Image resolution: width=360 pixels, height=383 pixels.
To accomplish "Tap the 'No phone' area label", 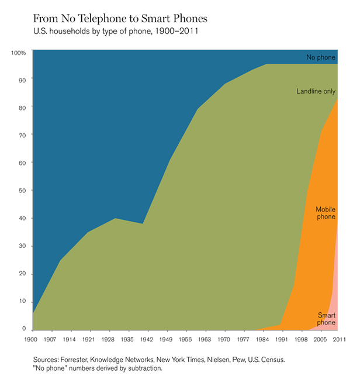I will [x=320, y=57].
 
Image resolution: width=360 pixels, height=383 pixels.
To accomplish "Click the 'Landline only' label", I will [x=316, y=91].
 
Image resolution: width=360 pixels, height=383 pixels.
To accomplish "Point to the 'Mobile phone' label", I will [x=326, y=213].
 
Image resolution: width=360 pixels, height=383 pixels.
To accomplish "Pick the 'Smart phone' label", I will [x=326, y=318].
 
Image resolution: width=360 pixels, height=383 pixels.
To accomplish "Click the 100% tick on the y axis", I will [x=19, y=53].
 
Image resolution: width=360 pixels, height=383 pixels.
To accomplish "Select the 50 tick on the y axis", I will [x=22, y=191].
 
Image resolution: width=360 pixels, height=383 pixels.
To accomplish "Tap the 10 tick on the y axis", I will [x=22, y=301].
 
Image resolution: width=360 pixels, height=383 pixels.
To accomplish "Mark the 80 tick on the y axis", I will [x=22, y=108].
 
